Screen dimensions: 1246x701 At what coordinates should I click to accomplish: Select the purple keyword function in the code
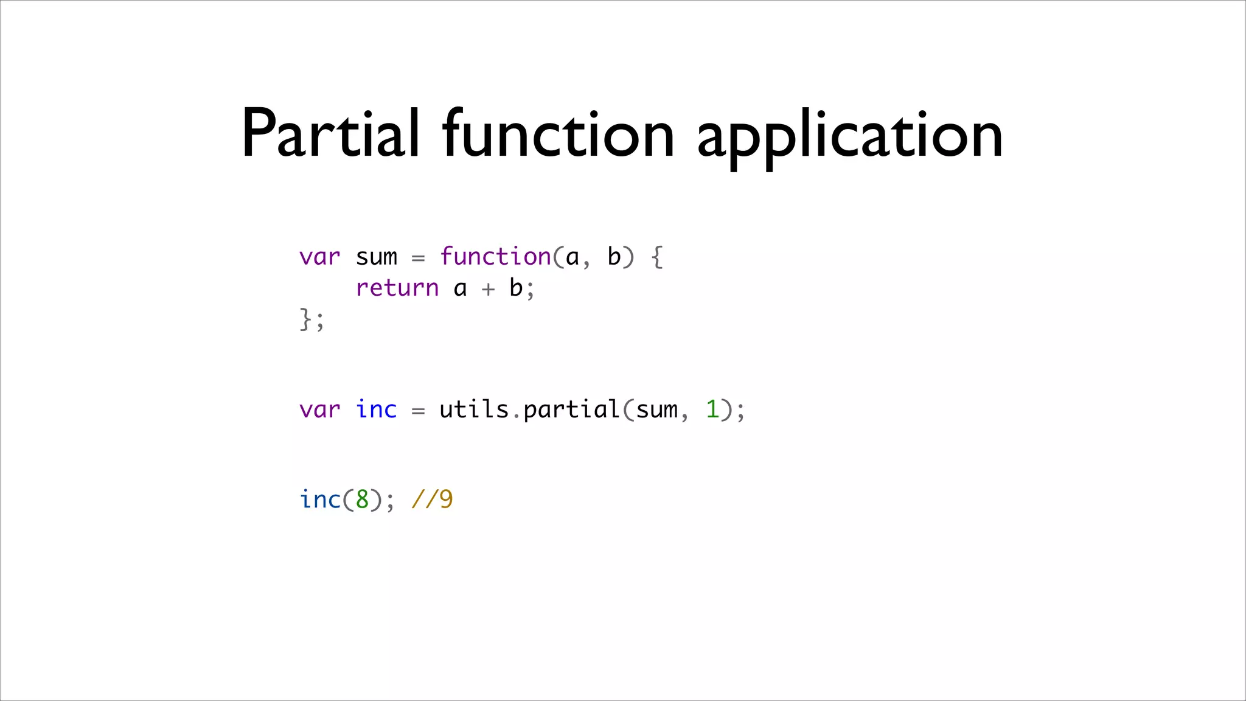(x=495, y=257)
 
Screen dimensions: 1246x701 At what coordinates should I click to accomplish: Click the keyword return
(x=397, y=288)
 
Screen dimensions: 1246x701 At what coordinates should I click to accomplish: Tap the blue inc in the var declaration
(x=376, y=410)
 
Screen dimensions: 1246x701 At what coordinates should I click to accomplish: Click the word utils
(x=474, y=410)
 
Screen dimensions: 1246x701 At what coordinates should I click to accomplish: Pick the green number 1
(x=712, y=410)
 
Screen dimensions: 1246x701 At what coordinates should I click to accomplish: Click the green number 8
(x=362, y=500)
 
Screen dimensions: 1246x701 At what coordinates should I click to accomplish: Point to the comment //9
(x=432, y=500)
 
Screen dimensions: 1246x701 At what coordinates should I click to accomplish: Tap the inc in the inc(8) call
(x=320, y=500)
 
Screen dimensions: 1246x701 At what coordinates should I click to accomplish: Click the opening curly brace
(x=657, y=257)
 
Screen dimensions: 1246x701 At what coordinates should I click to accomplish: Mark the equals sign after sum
(x=418, y=258)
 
